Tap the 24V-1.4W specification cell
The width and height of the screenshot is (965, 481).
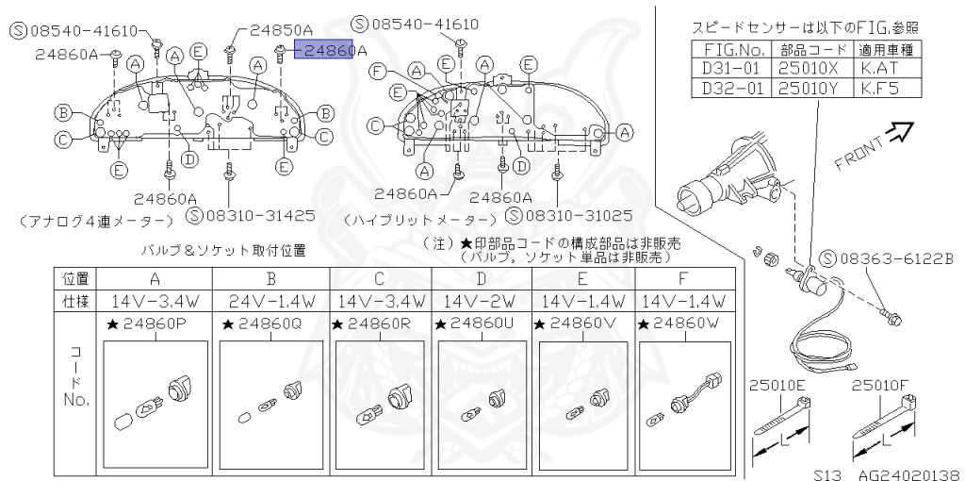point(270,302)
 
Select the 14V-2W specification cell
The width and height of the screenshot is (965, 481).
point(482,302)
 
